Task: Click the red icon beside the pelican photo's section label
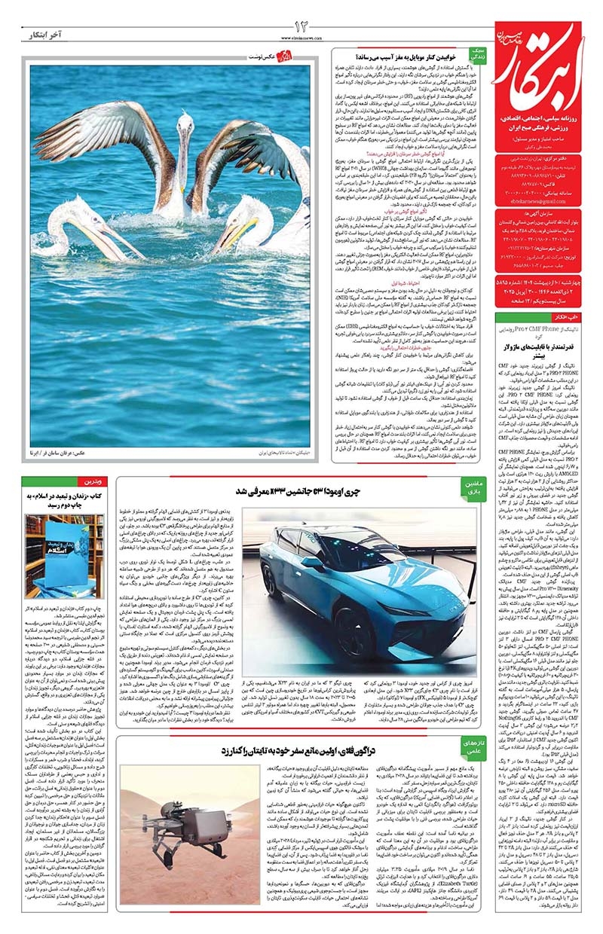(284, 56)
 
